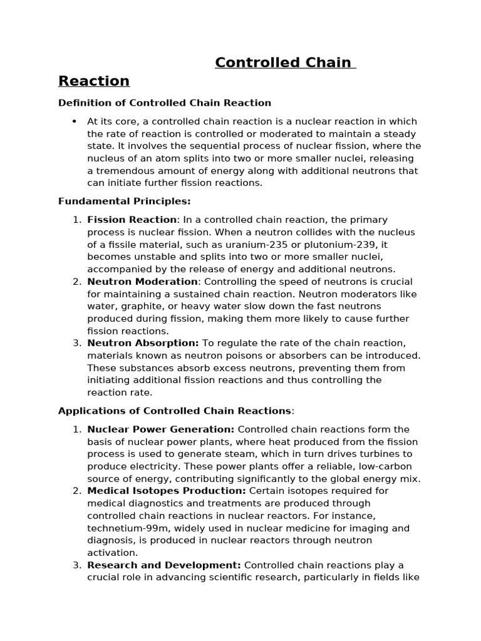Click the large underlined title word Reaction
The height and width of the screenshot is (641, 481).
94,81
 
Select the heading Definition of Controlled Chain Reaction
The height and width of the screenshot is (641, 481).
164,103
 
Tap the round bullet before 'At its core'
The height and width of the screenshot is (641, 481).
74,121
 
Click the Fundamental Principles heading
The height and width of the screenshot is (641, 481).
124,201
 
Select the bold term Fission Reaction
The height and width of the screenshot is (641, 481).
132,220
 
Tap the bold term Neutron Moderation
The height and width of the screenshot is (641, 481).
142,282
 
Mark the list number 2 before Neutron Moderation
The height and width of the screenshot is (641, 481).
76,282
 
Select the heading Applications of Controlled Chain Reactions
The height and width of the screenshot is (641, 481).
175,411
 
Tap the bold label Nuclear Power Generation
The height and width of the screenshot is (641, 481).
161,429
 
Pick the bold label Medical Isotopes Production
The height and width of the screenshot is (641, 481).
167,491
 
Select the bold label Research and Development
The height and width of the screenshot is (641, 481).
164,565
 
